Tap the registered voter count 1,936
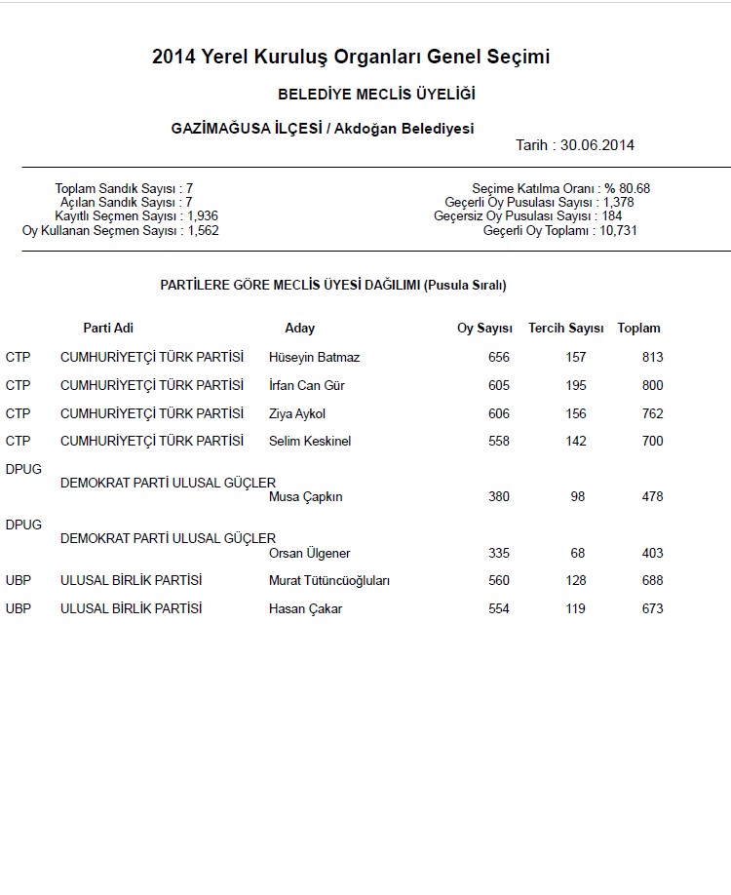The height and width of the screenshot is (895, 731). point(203,215)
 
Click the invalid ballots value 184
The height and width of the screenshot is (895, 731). point(612,215)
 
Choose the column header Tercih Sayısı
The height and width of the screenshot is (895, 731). point(565,329)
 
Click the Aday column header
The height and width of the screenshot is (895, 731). point(299,329)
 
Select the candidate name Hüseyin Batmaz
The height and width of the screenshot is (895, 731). point(314,358)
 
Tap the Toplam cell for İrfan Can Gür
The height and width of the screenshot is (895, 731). point(652,386)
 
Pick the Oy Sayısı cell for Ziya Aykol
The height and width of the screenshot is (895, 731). point(498,414)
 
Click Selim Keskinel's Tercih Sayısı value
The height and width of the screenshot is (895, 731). point(576,442)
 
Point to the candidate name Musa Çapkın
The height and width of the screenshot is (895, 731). point(305,497)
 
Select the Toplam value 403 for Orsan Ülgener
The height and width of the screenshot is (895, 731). point(652,554)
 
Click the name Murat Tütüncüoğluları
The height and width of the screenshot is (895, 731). point(328,581)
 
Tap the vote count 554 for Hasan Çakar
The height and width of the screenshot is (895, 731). point(498,609)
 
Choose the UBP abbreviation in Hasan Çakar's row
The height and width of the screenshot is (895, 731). point(19,609)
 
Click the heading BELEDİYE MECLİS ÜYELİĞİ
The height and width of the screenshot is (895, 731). point(376,95)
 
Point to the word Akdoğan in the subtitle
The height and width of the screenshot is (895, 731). point(366,129)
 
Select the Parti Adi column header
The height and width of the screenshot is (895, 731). point(108,329)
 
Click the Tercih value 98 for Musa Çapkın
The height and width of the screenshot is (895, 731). point(578,497)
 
